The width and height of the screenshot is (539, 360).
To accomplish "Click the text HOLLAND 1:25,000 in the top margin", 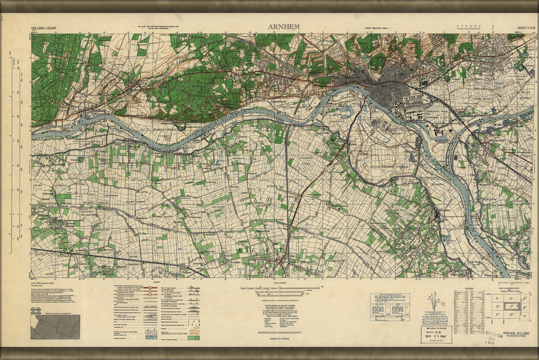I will tap(44, 28).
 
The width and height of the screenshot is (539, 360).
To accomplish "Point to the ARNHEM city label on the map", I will tap(355, 71).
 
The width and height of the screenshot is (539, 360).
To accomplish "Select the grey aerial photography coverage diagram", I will tap(55, 327).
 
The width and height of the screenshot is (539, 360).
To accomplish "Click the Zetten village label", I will tap(69, 225).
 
